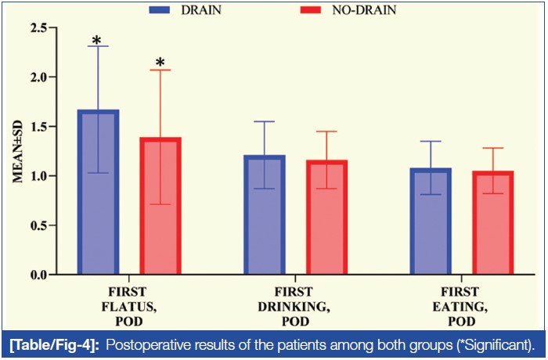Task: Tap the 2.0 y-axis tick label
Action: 37,77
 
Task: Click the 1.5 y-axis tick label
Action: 37,127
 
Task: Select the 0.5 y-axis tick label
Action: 37,225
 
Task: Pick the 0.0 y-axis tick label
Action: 37,275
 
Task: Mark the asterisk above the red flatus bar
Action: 160,63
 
